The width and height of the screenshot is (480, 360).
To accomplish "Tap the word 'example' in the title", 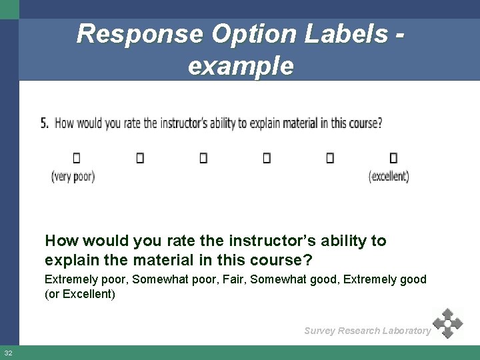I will pyautogui.click(x=241, y=65).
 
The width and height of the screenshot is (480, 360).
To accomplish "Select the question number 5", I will pyautogui.click(x=44, y=123).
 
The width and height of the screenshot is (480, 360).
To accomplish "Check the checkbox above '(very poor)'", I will pyautogui.click(x=76, y=158).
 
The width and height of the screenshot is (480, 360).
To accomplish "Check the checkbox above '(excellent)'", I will pyautogui.click(x=393, y=158).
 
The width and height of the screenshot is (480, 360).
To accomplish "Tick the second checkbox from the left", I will pyautogui.click(x=140, y=158).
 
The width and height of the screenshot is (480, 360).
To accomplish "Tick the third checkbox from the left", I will pyautogui.click(x=203, y=158).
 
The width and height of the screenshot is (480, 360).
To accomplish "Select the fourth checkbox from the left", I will pyautogui.click(x=267, y=158).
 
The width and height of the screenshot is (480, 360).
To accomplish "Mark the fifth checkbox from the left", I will pyautogui.click(x=330, y=158).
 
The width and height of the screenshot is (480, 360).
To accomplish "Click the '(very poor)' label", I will pyautogui.click(x=73, y=177).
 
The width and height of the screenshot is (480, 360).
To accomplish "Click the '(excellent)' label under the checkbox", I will pyautogui.click(x=389, y=177).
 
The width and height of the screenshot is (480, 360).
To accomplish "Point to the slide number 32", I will pyautogui.click(x=8, y=353).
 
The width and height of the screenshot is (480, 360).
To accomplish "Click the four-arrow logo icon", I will pyautogui.click(x=447, y=323).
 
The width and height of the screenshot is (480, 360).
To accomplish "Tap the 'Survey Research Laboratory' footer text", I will pyautogui.click(x=367, y=331).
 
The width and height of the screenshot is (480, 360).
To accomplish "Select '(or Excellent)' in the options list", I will pyautogui.click(x=79, y=294).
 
